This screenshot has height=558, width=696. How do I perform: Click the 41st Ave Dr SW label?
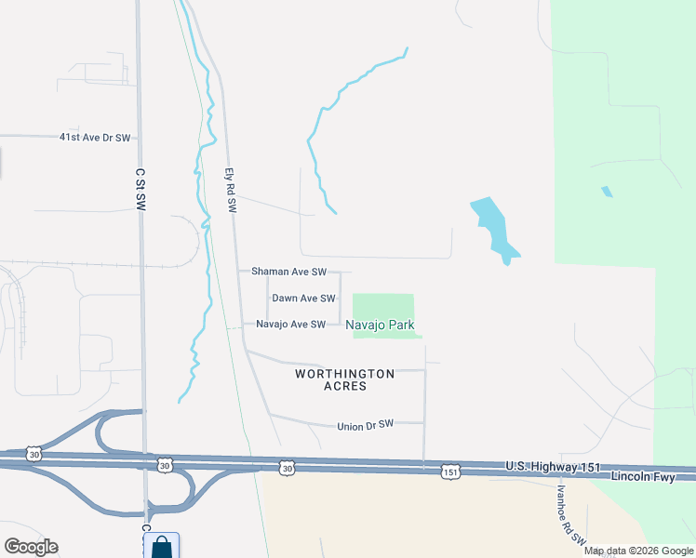94,137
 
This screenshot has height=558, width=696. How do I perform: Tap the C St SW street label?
141,191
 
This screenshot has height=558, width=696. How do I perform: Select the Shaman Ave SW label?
289,272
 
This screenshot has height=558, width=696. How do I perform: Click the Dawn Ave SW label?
302,299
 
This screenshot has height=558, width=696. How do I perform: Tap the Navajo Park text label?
380,325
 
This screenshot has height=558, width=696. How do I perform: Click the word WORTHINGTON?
345,374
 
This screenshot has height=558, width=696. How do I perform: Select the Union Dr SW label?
366,426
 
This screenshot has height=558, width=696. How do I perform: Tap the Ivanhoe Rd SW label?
571,513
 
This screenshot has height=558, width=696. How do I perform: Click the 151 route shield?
450,472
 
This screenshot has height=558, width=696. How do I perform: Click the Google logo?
31,547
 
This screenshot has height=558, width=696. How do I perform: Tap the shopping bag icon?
162,547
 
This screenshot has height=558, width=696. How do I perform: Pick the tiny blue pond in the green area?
608,192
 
